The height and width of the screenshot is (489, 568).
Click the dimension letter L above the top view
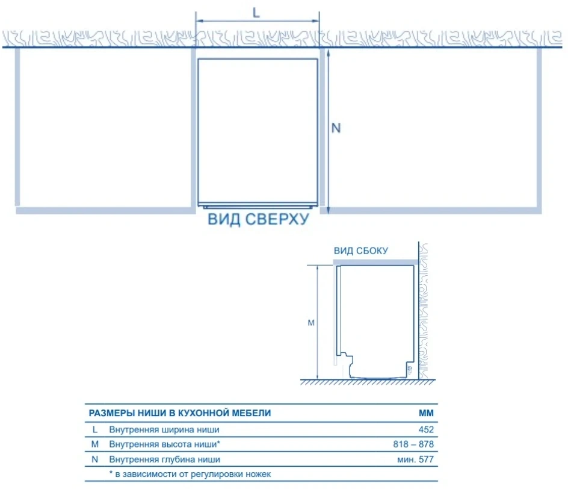point(256,13)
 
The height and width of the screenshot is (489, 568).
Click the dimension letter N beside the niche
point(336,128)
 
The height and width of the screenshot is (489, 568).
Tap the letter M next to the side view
point(311,323)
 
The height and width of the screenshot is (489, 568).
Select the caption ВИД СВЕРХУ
point(258,219)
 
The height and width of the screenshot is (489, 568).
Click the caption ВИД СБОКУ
point(361,251)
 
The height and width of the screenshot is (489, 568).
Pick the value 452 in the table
point(426,429)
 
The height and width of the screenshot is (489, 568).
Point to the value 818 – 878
point(413,444)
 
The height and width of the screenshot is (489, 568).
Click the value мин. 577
point(416,459)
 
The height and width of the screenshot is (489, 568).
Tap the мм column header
point(427,413)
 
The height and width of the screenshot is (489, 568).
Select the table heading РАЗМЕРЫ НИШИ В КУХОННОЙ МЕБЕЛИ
point(180,413)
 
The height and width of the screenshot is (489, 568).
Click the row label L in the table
point(95,429)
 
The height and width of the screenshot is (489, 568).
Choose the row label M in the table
point(95,444)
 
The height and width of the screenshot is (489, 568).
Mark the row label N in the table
point(95,459)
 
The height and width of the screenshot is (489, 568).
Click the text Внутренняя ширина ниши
point(164,429)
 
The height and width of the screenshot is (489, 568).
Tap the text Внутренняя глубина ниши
point(164,459)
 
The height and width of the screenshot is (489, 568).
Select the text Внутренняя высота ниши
point(163,444)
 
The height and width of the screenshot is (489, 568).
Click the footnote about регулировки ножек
point(190,474)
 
